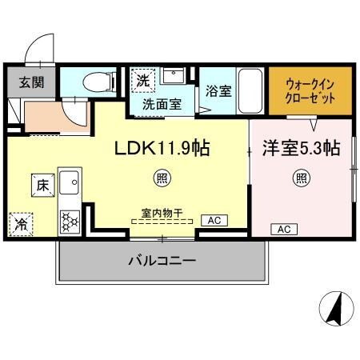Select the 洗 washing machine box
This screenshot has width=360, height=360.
tap(142, 80)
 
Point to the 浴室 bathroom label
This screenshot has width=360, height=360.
tap(218, 90)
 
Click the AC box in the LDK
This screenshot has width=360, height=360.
tap(214, 219)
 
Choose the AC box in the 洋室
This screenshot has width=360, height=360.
tap(282, 230)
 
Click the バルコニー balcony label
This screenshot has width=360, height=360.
tap(162, 261)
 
